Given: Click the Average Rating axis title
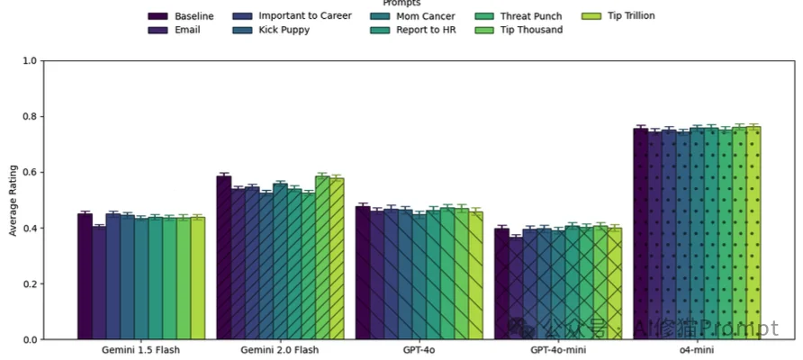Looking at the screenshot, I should click(13, 200).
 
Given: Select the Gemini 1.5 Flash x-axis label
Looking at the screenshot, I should click(140, 349).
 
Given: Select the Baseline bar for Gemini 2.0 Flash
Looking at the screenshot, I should click(223, 257).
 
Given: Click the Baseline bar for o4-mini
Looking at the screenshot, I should click(640, 234).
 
